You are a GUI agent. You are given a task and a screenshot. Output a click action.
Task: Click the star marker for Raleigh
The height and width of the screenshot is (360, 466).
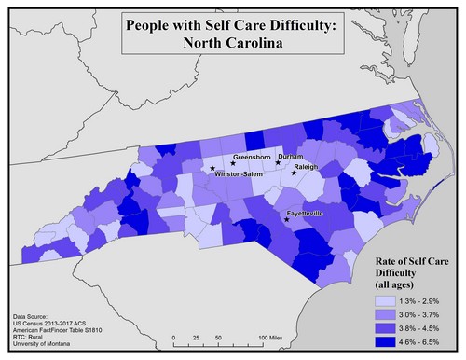[x=295, y=173]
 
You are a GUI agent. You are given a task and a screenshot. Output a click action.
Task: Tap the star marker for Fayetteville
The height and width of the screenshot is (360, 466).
[x=286, y=220]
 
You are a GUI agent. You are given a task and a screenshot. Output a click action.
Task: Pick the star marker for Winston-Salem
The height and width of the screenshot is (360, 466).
[x=212, y=169]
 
